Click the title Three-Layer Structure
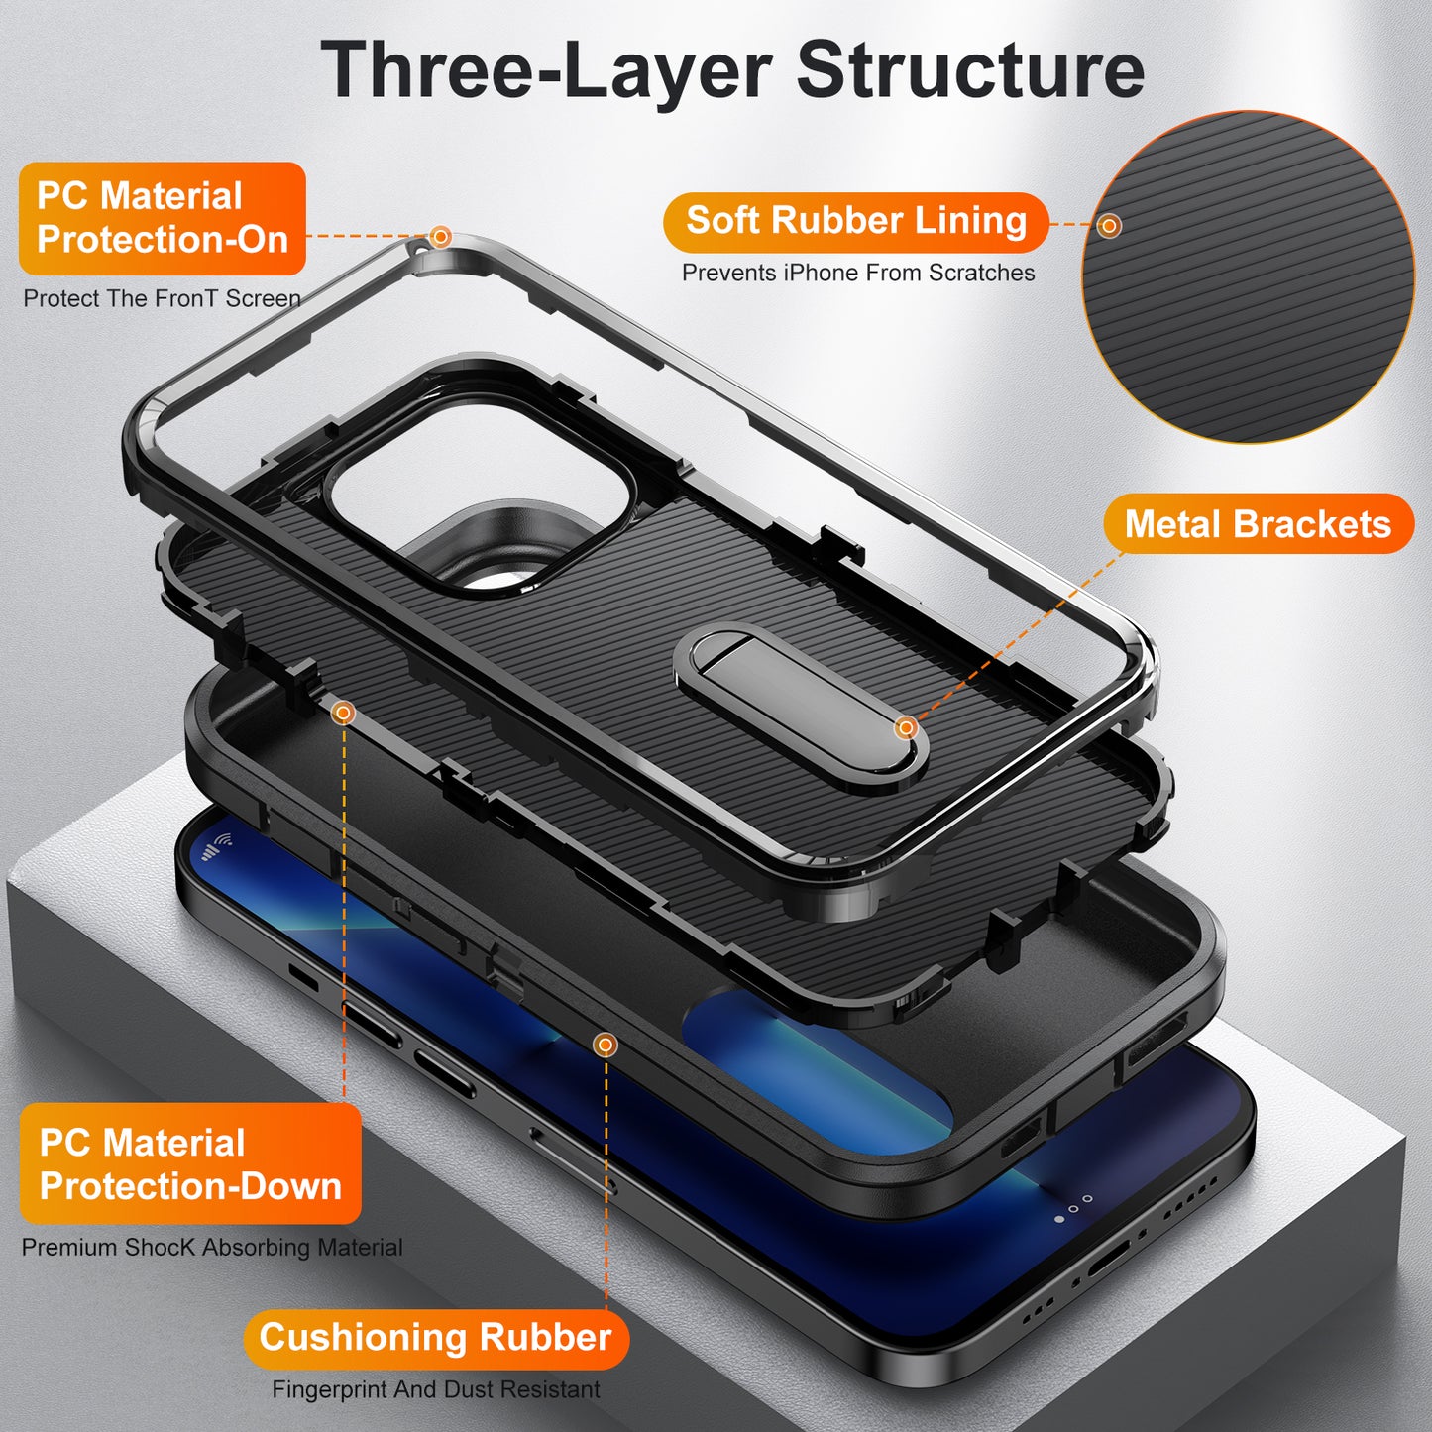tap(732, 69)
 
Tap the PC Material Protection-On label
tap(162, 218)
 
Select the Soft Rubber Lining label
tap(855, 221)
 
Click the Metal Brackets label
tap(1257, 524)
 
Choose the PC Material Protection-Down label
tap(189, 1163)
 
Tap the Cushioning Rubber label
tap(435, 1338)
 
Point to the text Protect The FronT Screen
tap(162, 298)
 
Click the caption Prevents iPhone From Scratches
tap(858, 273)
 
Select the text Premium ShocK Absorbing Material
tap(212, 1247)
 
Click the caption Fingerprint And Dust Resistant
tap(436, 1389)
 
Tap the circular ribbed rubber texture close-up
tap(1248, 276)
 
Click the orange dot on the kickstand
tap(906, 728)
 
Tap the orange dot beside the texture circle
tap(1110, 226)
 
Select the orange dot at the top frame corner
tap(441, 237)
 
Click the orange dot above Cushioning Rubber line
tap(606, 1045)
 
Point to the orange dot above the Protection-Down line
tap(343, 712)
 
